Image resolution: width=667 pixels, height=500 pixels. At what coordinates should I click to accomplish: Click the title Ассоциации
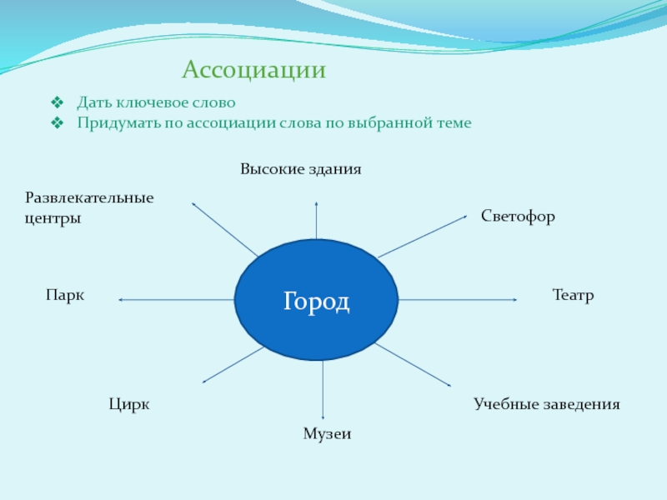click(253, 70)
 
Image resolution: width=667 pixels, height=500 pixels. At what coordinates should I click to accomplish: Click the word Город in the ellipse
click(316, 301)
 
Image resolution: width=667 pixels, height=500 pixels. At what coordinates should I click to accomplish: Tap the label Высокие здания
click(301, 169)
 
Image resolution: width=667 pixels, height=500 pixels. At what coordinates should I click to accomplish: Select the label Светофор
click(518, 217)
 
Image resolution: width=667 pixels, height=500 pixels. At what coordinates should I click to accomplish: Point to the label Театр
click(573, 296)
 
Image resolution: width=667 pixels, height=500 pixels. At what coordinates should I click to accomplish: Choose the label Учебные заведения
click(547, 405)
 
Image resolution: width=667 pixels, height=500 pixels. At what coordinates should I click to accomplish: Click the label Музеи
click(327, 434)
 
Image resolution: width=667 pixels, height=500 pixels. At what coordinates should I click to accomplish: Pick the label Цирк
click(129, 405)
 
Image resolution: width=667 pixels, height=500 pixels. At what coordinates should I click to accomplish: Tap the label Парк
click(66, 296)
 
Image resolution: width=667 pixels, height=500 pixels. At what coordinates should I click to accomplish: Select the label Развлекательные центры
click(89, 208)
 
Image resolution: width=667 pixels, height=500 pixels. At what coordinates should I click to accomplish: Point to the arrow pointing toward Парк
click(176, 300)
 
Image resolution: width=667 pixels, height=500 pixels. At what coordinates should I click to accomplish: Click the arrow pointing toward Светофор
click(422, 236)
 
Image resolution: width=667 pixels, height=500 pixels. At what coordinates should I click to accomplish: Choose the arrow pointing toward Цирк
click(233, 365)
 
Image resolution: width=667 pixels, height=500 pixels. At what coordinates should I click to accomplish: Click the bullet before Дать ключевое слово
click(57, 103)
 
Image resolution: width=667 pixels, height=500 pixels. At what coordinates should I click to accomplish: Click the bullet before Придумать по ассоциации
click(57, 123)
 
